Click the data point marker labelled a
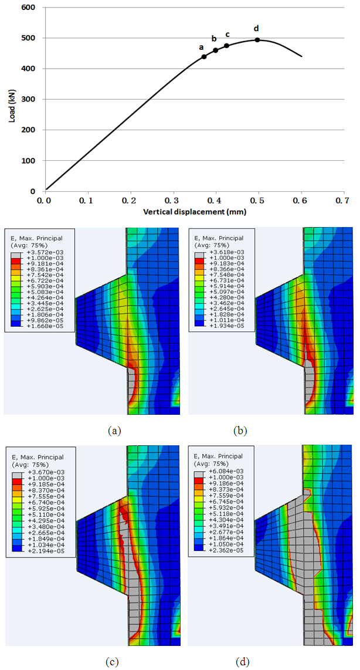tap(204, 57)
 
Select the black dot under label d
tap(257, 40)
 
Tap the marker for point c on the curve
tap(226, 46)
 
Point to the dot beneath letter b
tap(215, 50)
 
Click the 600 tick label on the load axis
tap(27, 8)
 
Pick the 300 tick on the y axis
tap(27, 100)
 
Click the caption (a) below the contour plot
tap(114, 431)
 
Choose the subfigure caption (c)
tap(112, 662)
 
